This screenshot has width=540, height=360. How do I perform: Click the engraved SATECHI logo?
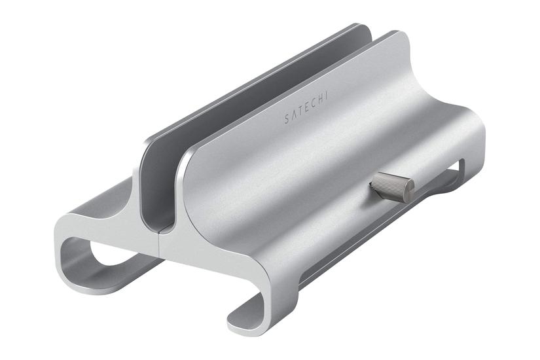pyautogui.click(x=306, y=107)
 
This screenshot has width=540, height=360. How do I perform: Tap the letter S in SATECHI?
pyautogui.click(x=287, y=119)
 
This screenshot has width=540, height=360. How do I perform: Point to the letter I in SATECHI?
pyautogui.click(x=326, y=96)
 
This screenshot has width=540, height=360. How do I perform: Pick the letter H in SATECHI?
pyautogui.click(x=319, y=99)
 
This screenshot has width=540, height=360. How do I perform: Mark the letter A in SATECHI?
pyautogui.click(x=293, y=115)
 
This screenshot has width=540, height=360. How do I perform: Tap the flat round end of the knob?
pyautogui.click(x=409, y=190)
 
